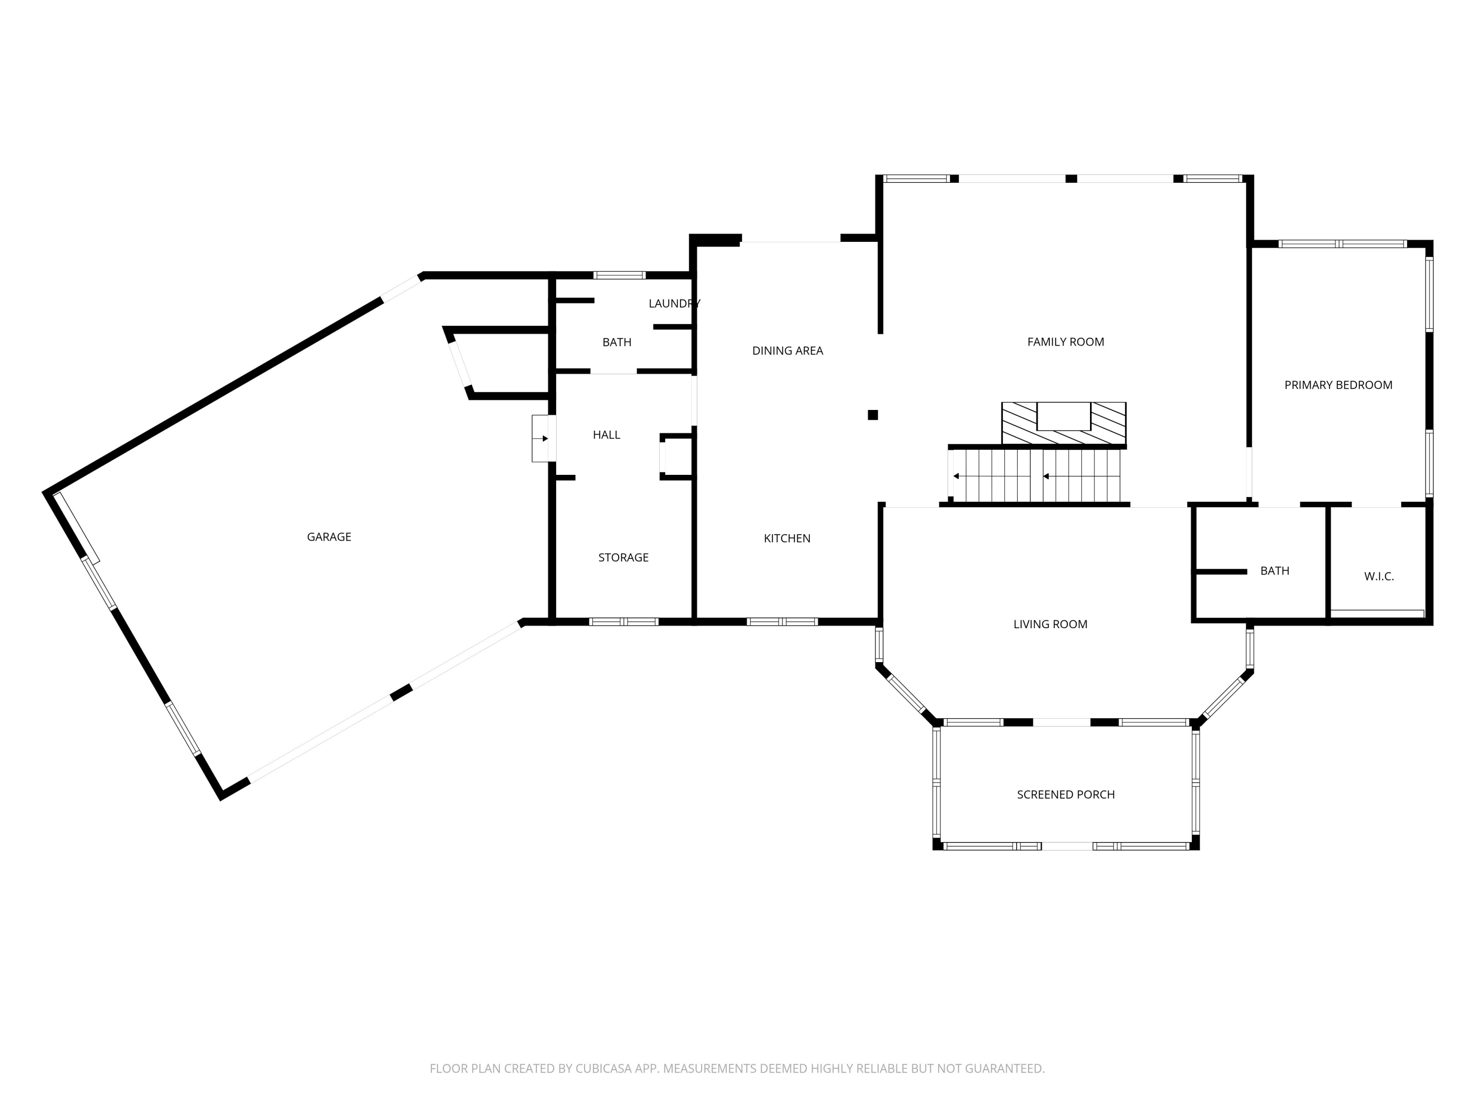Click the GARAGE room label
tap(329, 537)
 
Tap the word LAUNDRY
tap(674, 303)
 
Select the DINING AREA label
tap(788, 350)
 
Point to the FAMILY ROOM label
tap(1065, 342)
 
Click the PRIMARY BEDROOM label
tap(1338, 385)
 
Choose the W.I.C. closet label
tap(1379, 577)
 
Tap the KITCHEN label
tap(787, 538)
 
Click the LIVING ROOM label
tap(1050, 624)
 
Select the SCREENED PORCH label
tap(1065, 794)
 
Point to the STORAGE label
tap(623, 557)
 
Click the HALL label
tap(606, 435)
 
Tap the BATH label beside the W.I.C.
tap(1275, 571)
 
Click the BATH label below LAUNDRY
tap(617, 342)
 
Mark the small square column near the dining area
tap(873, 415)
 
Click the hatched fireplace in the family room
tap(1063, 423)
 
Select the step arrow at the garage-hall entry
tap(541, 438)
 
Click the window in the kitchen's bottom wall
tap(782, 622)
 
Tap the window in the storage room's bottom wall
tap(623, 622)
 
